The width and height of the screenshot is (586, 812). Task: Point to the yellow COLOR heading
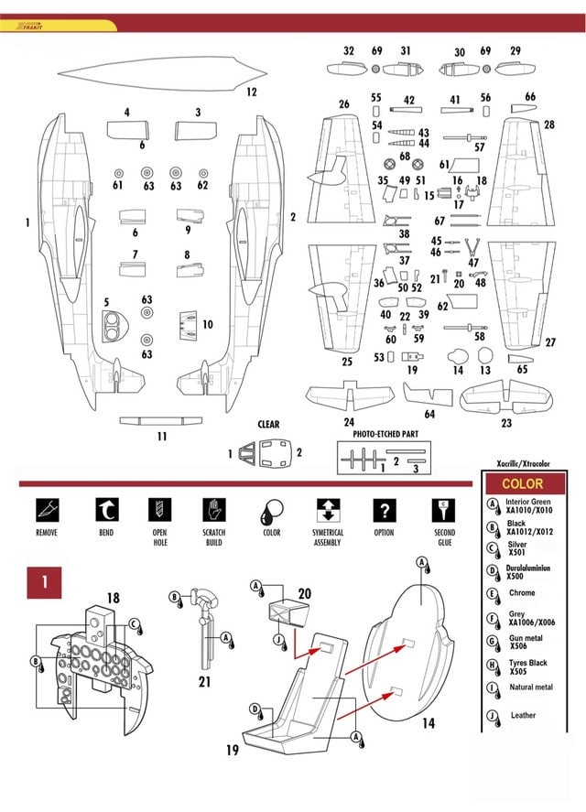[x=523, y=483]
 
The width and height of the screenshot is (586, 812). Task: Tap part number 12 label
[x=251, y=92]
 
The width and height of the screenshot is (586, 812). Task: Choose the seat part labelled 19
[x=293, y=696]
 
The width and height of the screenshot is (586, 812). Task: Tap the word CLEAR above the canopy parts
[x=268, y=425]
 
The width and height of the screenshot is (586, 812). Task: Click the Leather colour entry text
[x=524, y=716]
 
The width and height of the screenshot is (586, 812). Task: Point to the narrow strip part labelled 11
[x=161, y=420]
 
